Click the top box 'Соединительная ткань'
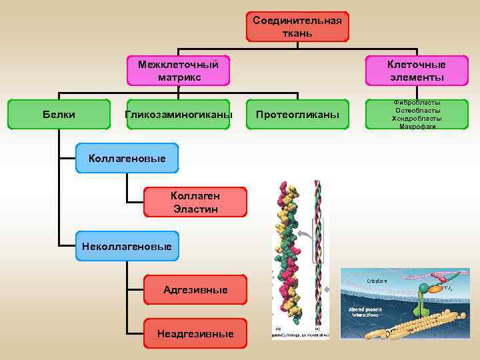[x=297, y=27]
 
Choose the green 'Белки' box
[x=59, y=115]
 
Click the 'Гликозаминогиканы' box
[x=179, y=115]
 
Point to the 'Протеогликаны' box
[x=297, y=115]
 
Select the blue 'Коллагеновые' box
[x=127, y=158]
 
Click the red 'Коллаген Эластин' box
[x=195, y=201]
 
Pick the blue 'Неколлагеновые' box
[x=127, y=247]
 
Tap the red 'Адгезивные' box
[x=195, y=289]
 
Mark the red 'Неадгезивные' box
[x=195, y=333]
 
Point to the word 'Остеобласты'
[x=417, y=110]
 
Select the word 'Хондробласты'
[x=417, y=118]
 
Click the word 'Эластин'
[x=195, y=209]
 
